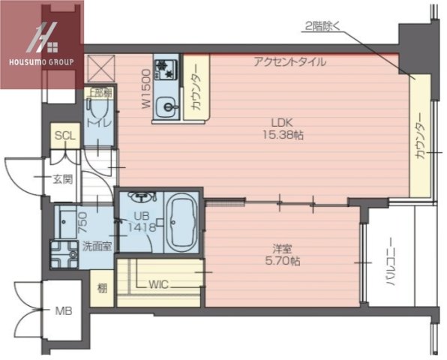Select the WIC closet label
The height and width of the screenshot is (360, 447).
[x=159, y=284]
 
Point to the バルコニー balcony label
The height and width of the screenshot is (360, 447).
[x=390, y=267]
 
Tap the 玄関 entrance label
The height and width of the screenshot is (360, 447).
[x=62, y=178]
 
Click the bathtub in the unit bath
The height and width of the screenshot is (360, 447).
[x=180, y=223]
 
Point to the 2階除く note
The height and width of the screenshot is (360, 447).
[x=323, y=27]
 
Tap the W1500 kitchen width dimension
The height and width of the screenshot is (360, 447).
[x=147, y=90]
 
